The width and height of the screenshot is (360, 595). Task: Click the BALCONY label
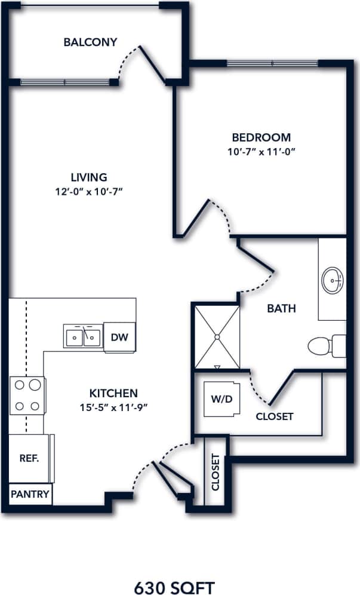pos(90,42)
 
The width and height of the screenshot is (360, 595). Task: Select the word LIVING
pos(89,177)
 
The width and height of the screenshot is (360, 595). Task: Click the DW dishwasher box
pos(119,337)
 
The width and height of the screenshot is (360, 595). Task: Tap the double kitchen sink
pos(83,337)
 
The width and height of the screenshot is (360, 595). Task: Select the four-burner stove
pos(27,395)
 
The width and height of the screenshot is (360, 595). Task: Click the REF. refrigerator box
pos(29,459)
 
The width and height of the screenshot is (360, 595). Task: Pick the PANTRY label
pos(30,495)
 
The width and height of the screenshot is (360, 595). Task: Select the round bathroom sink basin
pos(333,279)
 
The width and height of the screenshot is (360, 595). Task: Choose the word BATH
pos(281,309)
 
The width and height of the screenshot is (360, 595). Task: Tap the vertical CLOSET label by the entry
pos(216,473)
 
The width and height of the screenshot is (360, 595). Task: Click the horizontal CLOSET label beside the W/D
pos(275,416)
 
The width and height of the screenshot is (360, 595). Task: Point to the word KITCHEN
pos(114,393)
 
